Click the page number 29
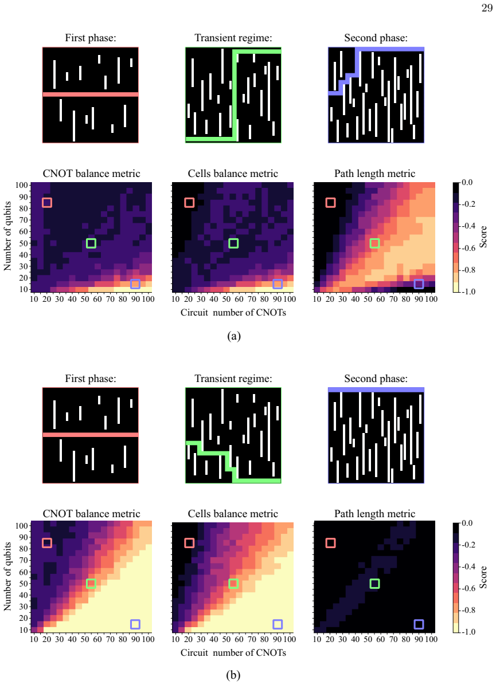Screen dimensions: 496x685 coord(487,8)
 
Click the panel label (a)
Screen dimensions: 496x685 coord(234,336)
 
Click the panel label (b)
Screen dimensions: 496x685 coord(233,675)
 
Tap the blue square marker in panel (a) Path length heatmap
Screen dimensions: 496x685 coord(419,284)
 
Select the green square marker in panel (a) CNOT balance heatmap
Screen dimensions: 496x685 coord(91,243)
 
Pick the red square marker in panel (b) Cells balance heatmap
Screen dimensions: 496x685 coord(189,543)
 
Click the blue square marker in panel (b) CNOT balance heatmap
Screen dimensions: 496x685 coord(135,624)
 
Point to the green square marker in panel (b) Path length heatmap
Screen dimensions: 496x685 coord(374,584)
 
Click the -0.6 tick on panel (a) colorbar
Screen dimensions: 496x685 coord(468,248)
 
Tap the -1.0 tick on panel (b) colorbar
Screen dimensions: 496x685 coord(468,632)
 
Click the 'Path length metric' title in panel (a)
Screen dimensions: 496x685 coord(375,174)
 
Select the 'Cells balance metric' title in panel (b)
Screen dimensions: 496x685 coord(233,514)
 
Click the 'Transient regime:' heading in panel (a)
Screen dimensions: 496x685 coord(233,38)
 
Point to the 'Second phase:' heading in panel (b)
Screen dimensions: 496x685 coord(376,379)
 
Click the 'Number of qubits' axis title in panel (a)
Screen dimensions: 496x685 coord(7,236)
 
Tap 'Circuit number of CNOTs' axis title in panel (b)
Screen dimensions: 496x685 coord(233,653)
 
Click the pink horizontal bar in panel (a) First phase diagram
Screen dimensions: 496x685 coord(91,95)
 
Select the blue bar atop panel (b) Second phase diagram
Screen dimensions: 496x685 coord(376,389)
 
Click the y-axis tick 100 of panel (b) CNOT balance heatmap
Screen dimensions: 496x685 coord(23,526)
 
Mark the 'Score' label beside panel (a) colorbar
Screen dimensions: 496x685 coord(483,237)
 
